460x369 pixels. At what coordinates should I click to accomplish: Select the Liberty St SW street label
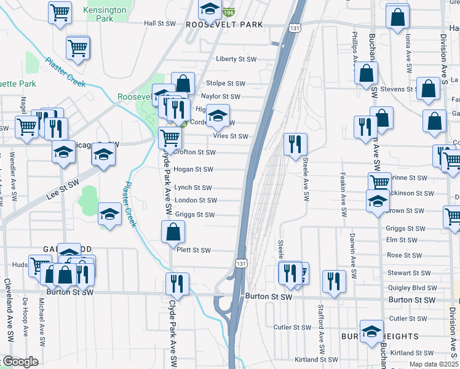coord(236,60)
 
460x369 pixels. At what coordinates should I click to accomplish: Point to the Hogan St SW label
coord(193,169)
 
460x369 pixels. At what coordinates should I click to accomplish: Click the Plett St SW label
coord(193,250)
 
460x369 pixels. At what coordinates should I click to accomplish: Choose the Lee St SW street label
coord(63,191)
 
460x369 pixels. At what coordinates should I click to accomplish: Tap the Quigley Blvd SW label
coord(411,288)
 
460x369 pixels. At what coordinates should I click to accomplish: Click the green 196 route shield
coord(229,12)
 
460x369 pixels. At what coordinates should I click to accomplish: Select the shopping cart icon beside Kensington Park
coord(60,11)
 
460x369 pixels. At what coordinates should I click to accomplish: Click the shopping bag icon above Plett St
coord(173,232)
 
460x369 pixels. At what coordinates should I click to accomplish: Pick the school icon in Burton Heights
coord(371,331)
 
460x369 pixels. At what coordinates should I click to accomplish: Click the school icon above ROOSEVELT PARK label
coord(210,9)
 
